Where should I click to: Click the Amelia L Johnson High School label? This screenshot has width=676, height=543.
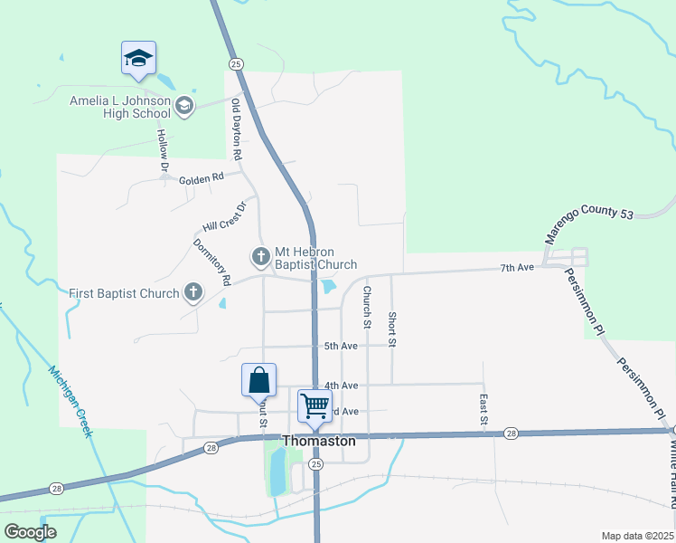click(x=119, y=107)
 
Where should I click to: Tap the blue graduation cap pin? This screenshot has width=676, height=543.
click(x=138, y=59)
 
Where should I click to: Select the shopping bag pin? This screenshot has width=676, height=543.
click(x=258, y=380)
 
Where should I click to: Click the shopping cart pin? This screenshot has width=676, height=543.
click(x=315, y=405)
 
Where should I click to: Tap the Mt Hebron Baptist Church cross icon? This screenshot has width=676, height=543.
click(x=260, y=256)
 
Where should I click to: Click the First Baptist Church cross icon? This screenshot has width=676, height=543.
click(x=192, y=292)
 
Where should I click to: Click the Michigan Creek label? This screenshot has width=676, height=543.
click(x=71, y=401)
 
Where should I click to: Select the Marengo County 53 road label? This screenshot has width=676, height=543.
click(x=587, y=223)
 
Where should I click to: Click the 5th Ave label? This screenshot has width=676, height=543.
click(x=342, y=347)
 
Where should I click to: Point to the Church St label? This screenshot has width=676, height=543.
click(x=367, y=307)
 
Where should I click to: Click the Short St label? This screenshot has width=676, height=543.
click(x=391, y=329)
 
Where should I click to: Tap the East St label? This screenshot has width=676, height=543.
click(x=484, y=407)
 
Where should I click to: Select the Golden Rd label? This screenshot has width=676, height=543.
click(x=201, y=179)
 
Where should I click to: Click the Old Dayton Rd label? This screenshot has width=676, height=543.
click(x=237, y=130)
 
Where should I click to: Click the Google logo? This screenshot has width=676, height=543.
click(x=31, y=532)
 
